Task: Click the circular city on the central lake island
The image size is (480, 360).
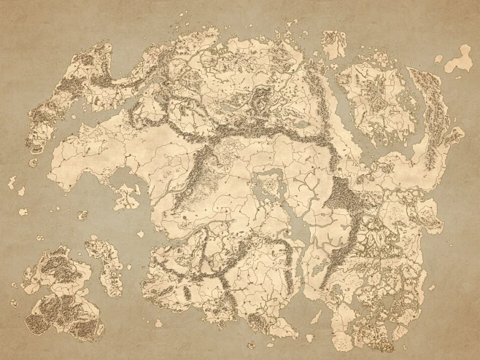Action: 271,186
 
